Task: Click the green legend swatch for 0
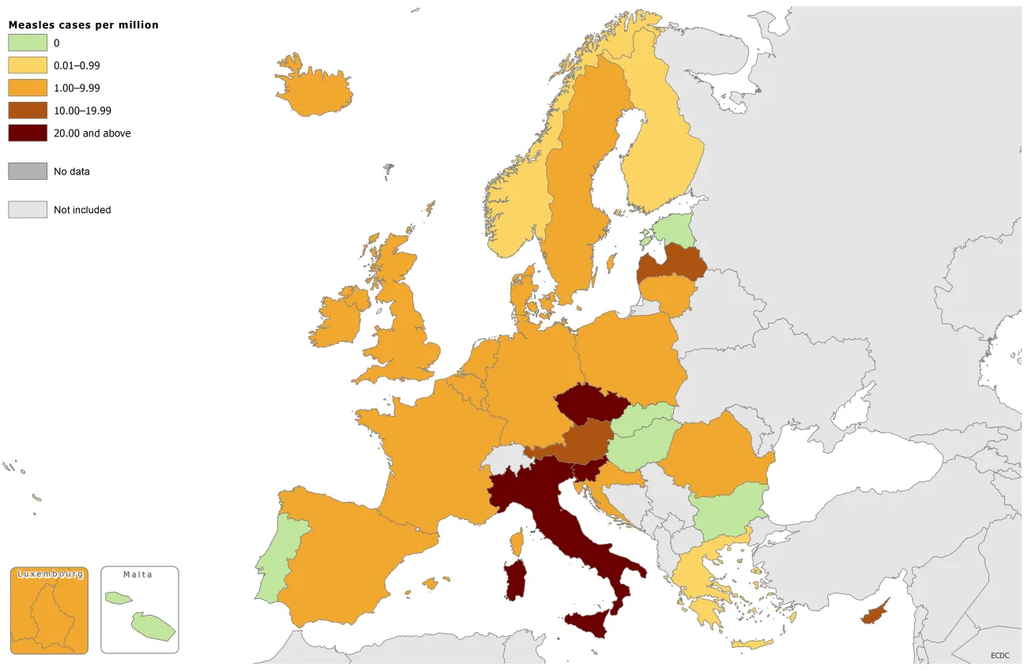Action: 28,43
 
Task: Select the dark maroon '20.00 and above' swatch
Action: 28,133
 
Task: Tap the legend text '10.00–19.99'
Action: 82,111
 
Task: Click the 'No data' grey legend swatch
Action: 28,170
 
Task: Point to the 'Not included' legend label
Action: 82,210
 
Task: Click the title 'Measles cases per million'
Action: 83,25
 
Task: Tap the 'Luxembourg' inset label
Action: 50,575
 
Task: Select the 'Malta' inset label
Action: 137,575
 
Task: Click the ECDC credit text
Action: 1000,655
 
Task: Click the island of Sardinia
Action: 515,580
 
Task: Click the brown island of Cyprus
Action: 872,614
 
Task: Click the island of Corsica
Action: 518,543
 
